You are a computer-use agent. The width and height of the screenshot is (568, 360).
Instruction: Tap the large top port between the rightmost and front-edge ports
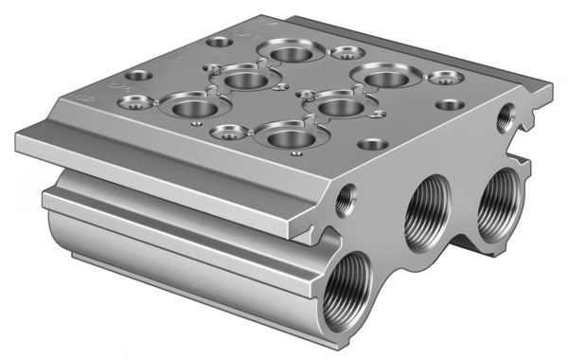point(333,106)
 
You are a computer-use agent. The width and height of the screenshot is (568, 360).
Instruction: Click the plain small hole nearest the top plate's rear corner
point(220,43)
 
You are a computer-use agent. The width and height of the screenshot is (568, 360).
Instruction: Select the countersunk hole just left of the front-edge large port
point(226,133)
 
